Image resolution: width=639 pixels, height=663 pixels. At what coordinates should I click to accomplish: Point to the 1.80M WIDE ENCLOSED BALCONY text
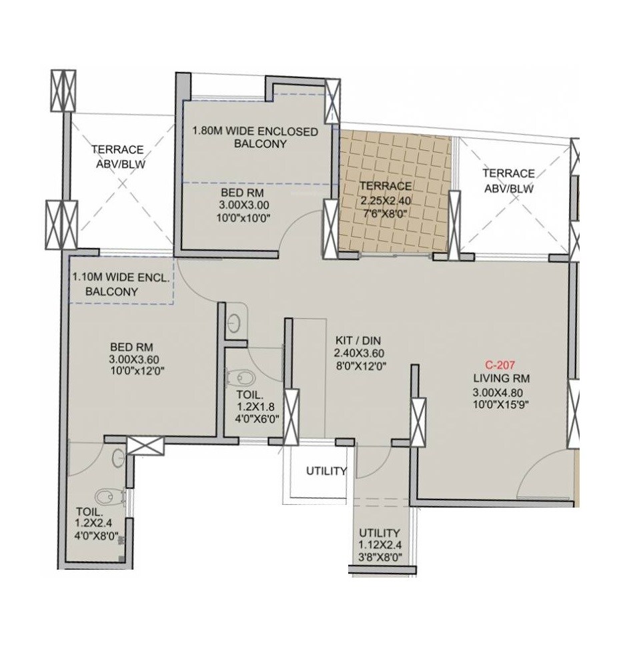click(x=255, y=137)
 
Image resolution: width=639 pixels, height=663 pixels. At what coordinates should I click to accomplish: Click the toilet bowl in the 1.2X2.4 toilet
click(x=106, y=497)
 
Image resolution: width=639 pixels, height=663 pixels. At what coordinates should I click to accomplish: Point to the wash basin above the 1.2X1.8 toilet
click(x=233, y=323)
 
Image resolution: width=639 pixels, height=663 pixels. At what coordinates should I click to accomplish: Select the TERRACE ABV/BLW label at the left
click(x=118, y=156)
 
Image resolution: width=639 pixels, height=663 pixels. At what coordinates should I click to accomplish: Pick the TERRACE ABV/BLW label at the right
click(x=508, y=180)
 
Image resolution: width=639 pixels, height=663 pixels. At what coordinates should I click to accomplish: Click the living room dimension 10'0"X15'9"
click(x=501, y=404)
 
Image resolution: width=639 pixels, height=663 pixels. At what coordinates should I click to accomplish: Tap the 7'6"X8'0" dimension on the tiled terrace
click(x=385, y=213)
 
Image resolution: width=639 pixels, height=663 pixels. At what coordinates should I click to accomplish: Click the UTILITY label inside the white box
click(x=326, y=471)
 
